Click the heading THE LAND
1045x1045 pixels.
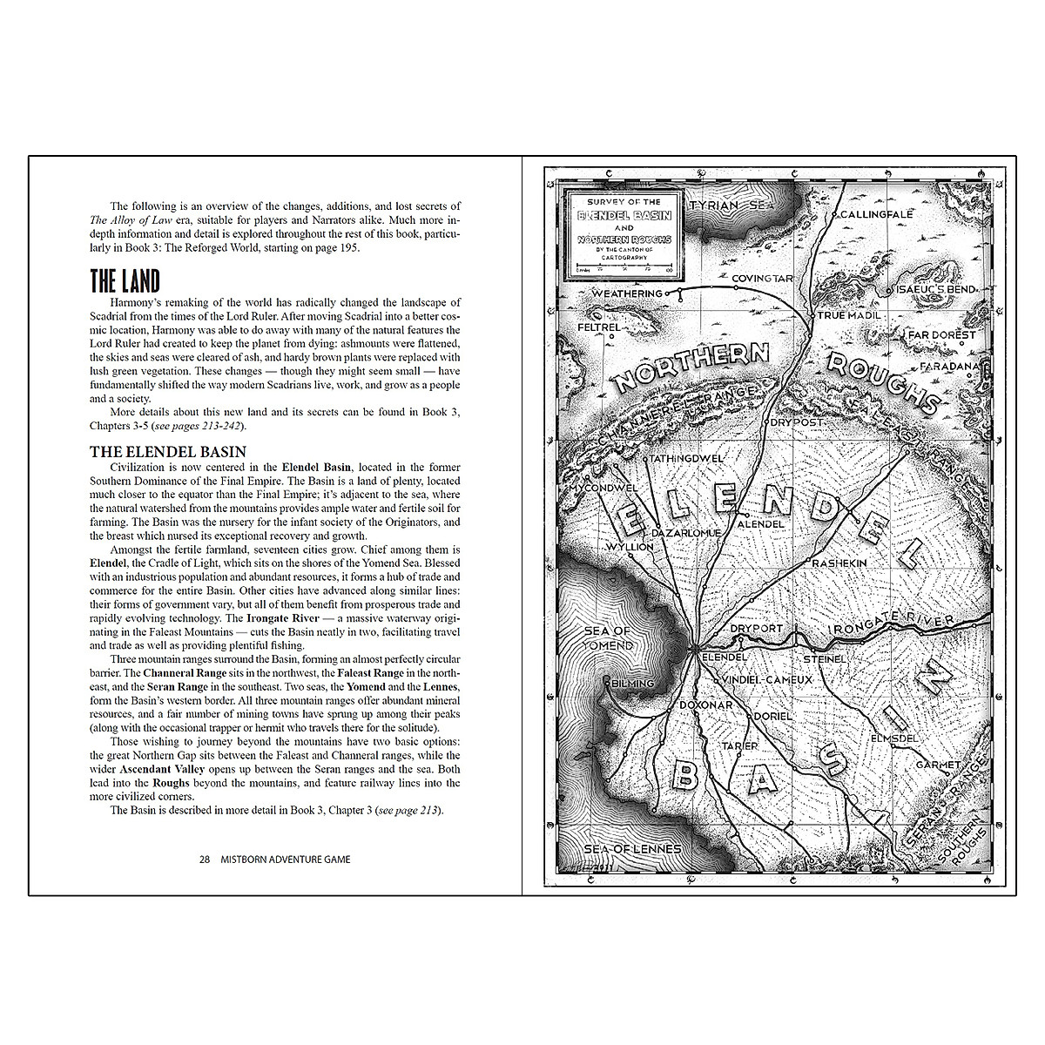[x=125, y=281]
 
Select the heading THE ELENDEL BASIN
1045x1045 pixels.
[x=168, y=452]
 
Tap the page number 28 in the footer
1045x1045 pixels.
[x=205, y=859]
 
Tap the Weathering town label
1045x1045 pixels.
[x=627, y=294]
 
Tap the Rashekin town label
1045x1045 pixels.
[x=839, y=563]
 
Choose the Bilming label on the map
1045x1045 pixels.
[x=633, y=684]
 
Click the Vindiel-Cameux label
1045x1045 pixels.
[x=767, y=678]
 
